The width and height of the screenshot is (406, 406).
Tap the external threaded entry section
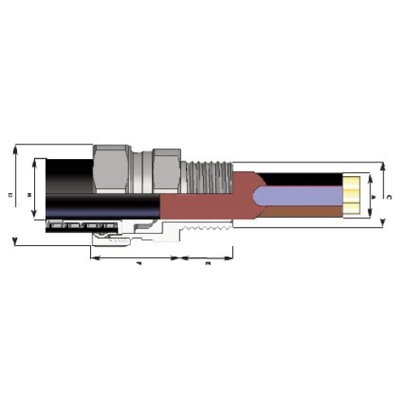tap(206, 172)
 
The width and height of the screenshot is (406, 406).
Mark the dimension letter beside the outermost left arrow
tap(9, 195)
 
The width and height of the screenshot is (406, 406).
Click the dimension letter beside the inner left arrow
tap(28, 195)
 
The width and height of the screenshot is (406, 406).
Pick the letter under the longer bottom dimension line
tap(138, 265)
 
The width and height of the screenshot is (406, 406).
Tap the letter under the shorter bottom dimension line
tap(208, 265)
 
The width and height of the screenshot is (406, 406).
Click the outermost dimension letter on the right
tap(391, 196)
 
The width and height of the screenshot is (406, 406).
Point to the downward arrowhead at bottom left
tap(15, 241)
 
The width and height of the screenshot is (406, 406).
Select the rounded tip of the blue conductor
tap(258, 196)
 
